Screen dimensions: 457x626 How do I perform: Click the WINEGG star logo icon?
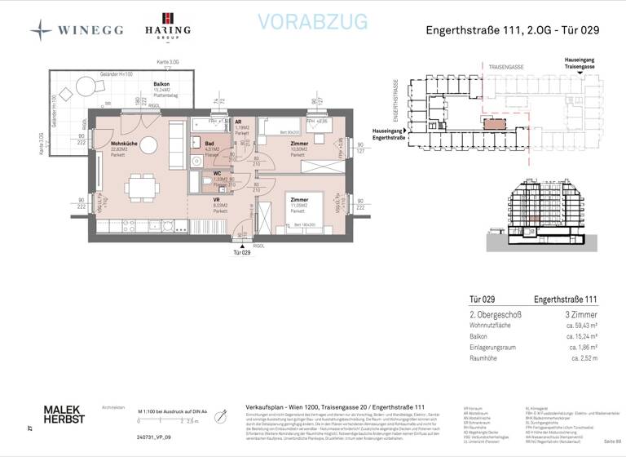click(41, 30)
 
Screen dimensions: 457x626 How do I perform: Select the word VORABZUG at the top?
click(312, 22)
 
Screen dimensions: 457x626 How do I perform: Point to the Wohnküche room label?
click(125, 144)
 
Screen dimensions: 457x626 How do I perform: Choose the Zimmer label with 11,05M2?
click(298, 200)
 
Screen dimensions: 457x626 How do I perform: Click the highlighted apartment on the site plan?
click(494, 123)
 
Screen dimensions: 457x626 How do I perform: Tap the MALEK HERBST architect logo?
click(64, 415)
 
